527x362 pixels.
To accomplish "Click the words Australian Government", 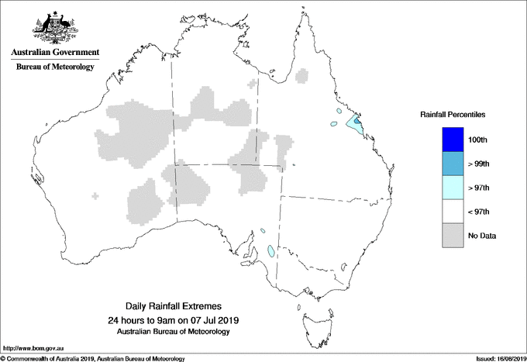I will (54, 53).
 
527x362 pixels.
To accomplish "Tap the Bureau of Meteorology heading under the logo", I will (55, 67).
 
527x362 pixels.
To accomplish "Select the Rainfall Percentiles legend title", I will (453, 114).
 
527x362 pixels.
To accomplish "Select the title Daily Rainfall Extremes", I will (184, 307).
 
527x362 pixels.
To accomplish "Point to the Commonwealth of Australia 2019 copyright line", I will (93, 357).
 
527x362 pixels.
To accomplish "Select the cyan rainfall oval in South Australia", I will (270, 251).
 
